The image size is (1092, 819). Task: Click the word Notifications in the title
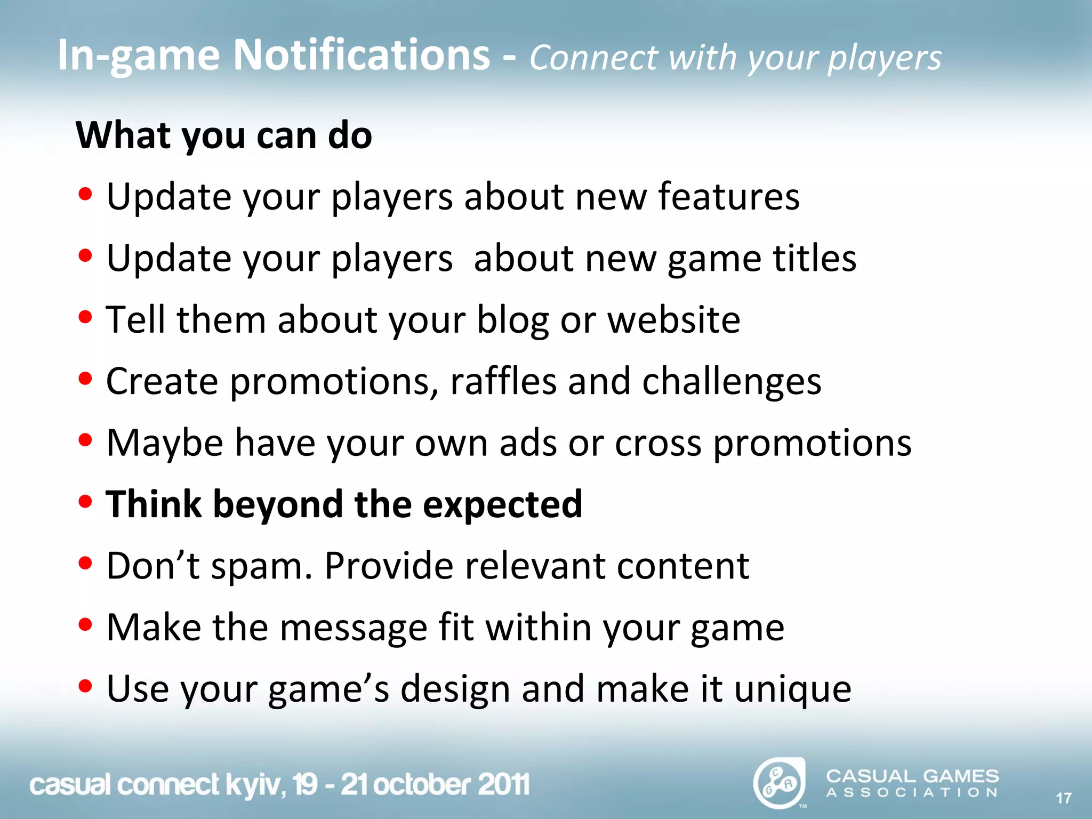click(x=362, y=55)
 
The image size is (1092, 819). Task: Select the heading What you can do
click(x=224, y=135)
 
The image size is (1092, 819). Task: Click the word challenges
click(x=732, y=382)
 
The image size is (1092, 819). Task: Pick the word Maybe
click(x=165, y=443)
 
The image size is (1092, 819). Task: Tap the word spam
click(x=261, y=566)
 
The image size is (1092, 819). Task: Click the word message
click(x=354, y=628)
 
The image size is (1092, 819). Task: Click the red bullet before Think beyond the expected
click(x=85, y=502)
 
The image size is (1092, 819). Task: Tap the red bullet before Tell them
click(x=85, y=317)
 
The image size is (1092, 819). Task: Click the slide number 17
click(x=1063, y=798)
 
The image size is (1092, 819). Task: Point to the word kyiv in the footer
click(x=254, y=785)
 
